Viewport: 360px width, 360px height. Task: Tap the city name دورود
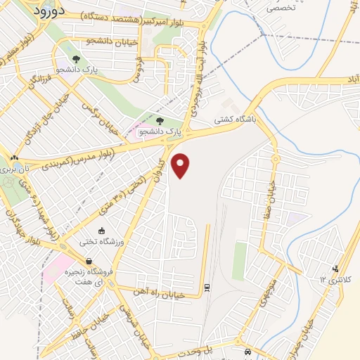[49, 13]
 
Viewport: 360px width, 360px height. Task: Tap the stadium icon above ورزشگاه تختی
[103, 231]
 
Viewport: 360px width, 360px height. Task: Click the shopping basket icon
[88, 262]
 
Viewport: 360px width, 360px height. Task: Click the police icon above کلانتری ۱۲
[335, 268]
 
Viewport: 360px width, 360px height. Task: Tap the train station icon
[206, 287]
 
